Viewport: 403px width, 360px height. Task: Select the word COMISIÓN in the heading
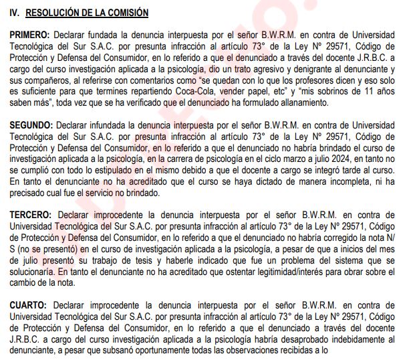tap(126, 13)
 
